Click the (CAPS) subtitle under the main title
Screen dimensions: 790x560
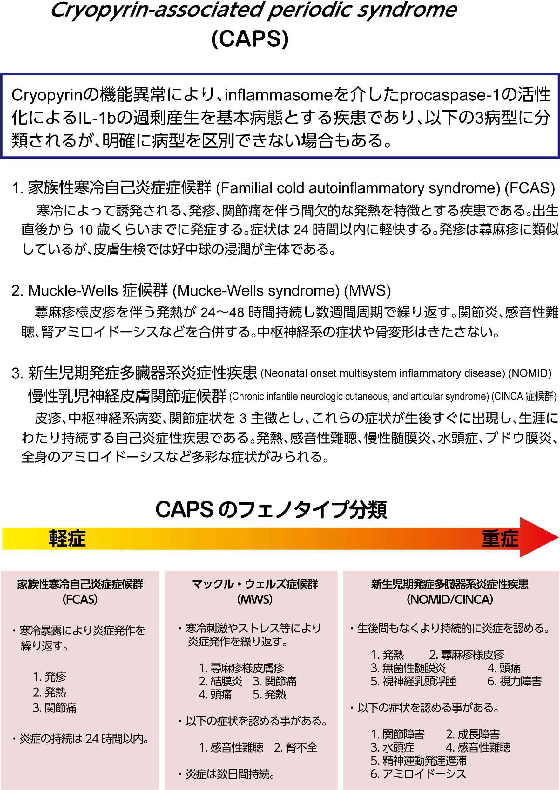pos(250,39)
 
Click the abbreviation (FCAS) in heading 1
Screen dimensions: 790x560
pos(530,188)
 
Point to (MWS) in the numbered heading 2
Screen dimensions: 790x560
pos(367,291)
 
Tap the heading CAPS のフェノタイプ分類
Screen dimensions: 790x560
pos(271,509)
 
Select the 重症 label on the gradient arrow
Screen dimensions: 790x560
pos(500,539)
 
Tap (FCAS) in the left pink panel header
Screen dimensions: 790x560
pos(80,600)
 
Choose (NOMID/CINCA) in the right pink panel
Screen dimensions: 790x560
pos(450,600)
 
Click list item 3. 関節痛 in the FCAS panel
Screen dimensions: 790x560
pos(55,708)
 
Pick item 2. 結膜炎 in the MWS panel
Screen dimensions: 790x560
pos(221,681)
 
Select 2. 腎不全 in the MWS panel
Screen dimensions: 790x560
pos(295,747)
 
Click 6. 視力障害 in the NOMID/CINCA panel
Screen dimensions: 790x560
pos(514,681)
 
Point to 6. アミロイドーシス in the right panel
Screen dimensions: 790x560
pos(418,774)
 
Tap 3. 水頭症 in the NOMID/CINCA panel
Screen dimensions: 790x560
pos(392,747)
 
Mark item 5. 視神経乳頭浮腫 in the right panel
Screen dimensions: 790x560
pos(413,681)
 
